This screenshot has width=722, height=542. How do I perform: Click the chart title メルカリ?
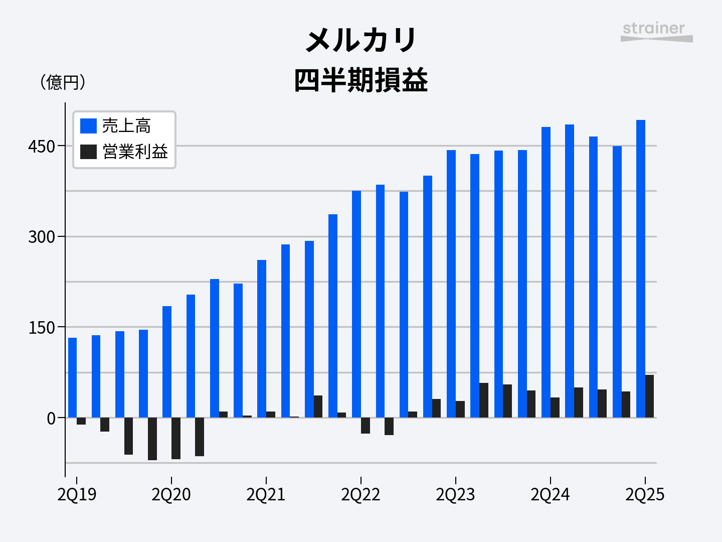(x=361, y=40)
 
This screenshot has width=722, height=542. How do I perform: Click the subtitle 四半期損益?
(x=361, y=80)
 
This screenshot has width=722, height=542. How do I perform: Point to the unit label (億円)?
(x=63, y=82)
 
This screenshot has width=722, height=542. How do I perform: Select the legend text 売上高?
(x=126, y=126)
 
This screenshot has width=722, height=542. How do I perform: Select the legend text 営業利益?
(x=135, y=152)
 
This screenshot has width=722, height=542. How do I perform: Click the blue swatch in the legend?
(x=88, y=126)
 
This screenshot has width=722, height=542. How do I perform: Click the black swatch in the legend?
(x=88, y=152)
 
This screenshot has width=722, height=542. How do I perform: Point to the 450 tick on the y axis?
(x=42, y=147)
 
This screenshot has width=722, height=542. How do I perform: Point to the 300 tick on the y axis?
(x=42, y=237)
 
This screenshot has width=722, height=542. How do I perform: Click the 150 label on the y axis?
(x=42, y=328)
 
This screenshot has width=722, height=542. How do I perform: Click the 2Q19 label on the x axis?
(x=77, y=495)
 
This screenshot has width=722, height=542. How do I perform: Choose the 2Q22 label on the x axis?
(x=360, y=495)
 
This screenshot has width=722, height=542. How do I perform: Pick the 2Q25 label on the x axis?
(x=645, y=495)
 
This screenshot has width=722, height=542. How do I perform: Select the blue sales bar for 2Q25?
(x=641, y=268)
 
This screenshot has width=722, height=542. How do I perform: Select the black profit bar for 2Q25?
(x=650, y=396)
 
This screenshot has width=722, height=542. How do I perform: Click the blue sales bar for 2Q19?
(x=73, y=377)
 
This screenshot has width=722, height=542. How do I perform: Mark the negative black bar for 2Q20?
(x=176, y=438)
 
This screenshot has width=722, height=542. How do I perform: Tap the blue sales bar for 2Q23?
(x=451, y=284)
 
